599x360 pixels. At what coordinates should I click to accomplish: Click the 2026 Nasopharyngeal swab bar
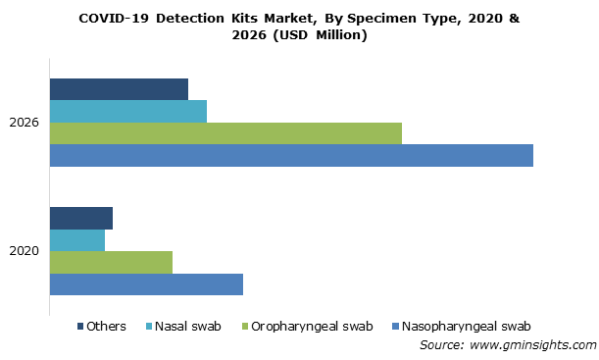point(291,155)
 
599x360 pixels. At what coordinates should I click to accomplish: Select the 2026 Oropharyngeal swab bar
point(225,132)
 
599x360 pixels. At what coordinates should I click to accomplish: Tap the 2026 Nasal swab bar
point(128,111)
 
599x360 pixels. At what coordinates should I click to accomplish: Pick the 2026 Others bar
point(119,89)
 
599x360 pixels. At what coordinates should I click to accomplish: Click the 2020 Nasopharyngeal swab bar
point(146,283)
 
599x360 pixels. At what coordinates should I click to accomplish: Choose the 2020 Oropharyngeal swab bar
point(111,262)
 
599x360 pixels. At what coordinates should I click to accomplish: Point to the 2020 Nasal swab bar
point(77,240)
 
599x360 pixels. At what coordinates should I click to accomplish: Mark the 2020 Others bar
point(81,219)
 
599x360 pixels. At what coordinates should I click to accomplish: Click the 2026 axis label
point(24,123)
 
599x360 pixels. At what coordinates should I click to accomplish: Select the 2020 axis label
point(24,251)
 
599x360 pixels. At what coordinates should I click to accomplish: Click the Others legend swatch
point(79,327)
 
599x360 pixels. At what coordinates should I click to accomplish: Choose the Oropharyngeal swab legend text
point(312,327)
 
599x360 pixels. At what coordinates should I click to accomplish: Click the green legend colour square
point(244,327)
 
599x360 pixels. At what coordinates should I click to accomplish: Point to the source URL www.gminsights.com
point(532,345)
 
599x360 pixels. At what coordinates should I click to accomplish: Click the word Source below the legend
point(441,345)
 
